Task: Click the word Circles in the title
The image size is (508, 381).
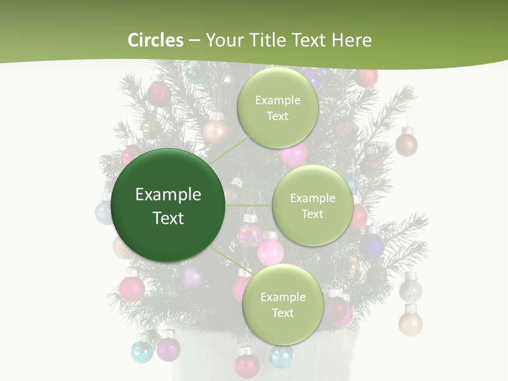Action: [156, 40]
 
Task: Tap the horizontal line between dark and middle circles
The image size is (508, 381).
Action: [248, 205]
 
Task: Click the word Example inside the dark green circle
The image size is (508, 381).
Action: [168, 195]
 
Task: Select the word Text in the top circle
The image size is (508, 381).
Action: [277, 116]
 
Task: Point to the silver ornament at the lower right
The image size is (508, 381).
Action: [410, 289]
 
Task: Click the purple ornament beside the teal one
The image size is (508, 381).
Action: [168, 348]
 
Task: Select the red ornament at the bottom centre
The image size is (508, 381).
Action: [247, 364]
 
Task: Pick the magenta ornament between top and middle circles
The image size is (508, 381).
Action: [294, 155]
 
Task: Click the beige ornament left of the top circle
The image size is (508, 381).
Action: [215, 131]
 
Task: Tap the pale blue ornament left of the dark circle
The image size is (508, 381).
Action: [104, 212]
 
